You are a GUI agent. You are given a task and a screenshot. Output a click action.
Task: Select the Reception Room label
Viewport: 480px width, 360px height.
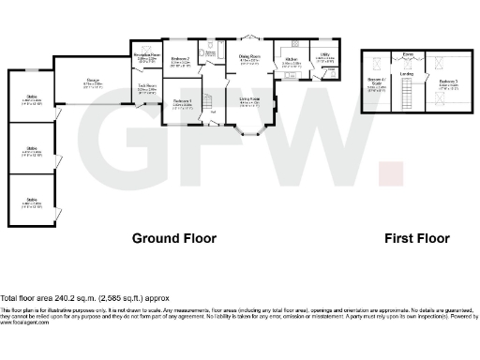[146, 58]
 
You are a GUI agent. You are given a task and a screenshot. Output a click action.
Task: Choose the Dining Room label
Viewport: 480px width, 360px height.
[248, 58]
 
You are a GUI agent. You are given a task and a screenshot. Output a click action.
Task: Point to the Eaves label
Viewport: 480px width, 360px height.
[407, 55]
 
